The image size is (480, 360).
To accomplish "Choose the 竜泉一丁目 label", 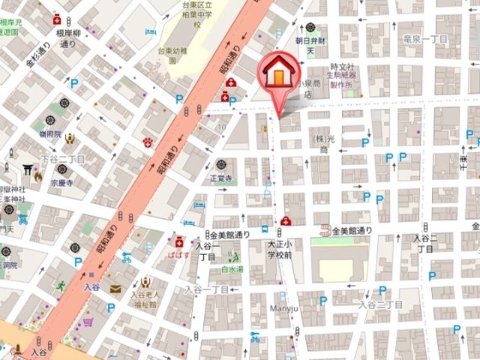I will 425,37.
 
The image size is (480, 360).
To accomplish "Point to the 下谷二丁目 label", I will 63,160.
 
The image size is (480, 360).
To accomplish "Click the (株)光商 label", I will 322,145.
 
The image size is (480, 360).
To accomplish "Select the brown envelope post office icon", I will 115,288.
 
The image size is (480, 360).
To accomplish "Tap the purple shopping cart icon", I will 88,322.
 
